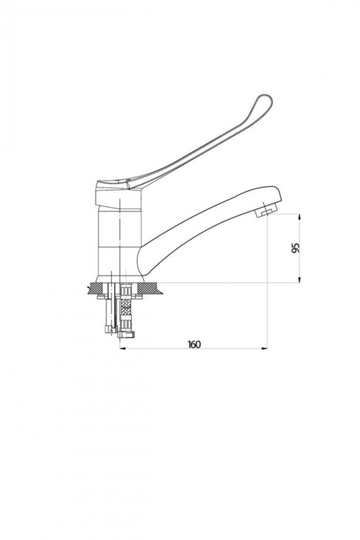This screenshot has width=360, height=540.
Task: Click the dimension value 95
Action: (296, 248)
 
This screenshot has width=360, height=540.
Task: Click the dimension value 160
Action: (194, 344)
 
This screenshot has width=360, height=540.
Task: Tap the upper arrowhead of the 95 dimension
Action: (299, 216)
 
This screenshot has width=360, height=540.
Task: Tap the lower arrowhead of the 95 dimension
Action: (299, 279)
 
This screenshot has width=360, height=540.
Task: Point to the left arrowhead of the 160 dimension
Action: (123, 348)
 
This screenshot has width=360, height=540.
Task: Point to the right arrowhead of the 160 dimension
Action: (265, 348)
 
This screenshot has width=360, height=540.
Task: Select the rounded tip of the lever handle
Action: (265, 103)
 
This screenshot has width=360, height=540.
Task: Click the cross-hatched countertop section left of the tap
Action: (96, 288)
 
